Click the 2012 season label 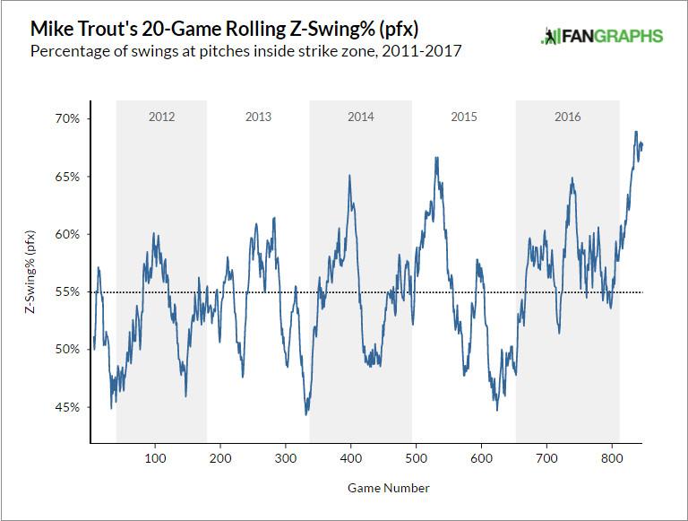coord(161,117)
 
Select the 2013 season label coord(258,117)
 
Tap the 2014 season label coord(362,117)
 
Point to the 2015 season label coord(464,117)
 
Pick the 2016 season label coord(567,117)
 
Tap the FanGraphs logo coord(602,37)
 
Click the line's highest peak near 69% coord(635,132)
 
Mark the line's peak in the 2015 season coord(436,158)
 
